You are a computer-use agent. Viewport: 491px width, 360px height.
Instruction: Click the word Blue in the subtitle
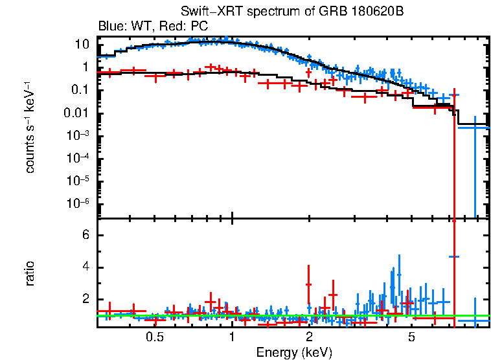pyautogui.click(x=110, y=27)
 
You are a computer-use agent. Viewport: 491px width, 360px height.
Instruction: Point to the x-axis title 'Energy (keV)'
pyautogui.click(x=294, y=352)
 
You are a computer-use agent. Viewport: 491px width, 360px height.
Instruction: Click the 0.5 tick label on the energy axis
pyautogui.click(x=154, y=337)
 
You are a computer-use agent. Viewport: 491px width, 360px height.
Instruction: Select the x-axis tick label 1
pyautogui.click(x=231, y=337)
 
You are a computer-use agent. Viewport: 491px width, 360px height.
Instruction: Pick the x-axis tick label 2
pyautogui.click(x=309, y=337)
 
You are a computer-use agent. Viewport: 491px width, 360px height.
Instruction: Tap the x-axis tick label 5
pyautogui.click(x=411, y=337)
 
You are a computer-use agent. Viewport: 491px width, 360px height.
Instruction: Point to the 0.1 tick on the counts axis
pyautogui.click(x=80, y=90)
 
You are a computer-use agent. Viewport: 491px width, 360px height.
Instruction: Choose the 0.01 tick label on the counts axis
pyautogui.click(x=78, y=113)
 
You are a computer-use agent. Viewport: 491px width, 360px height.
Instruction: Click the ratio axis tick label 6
pyautogui.click(x=84, y=235)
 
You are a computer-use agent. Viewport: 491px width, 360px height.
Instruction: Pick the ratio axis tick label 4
pyautogui.click(x=84, y=267)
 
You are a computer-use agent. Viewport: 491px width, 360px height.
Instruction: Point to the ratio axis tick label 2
pyautogui.click(x=84, y=300)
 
